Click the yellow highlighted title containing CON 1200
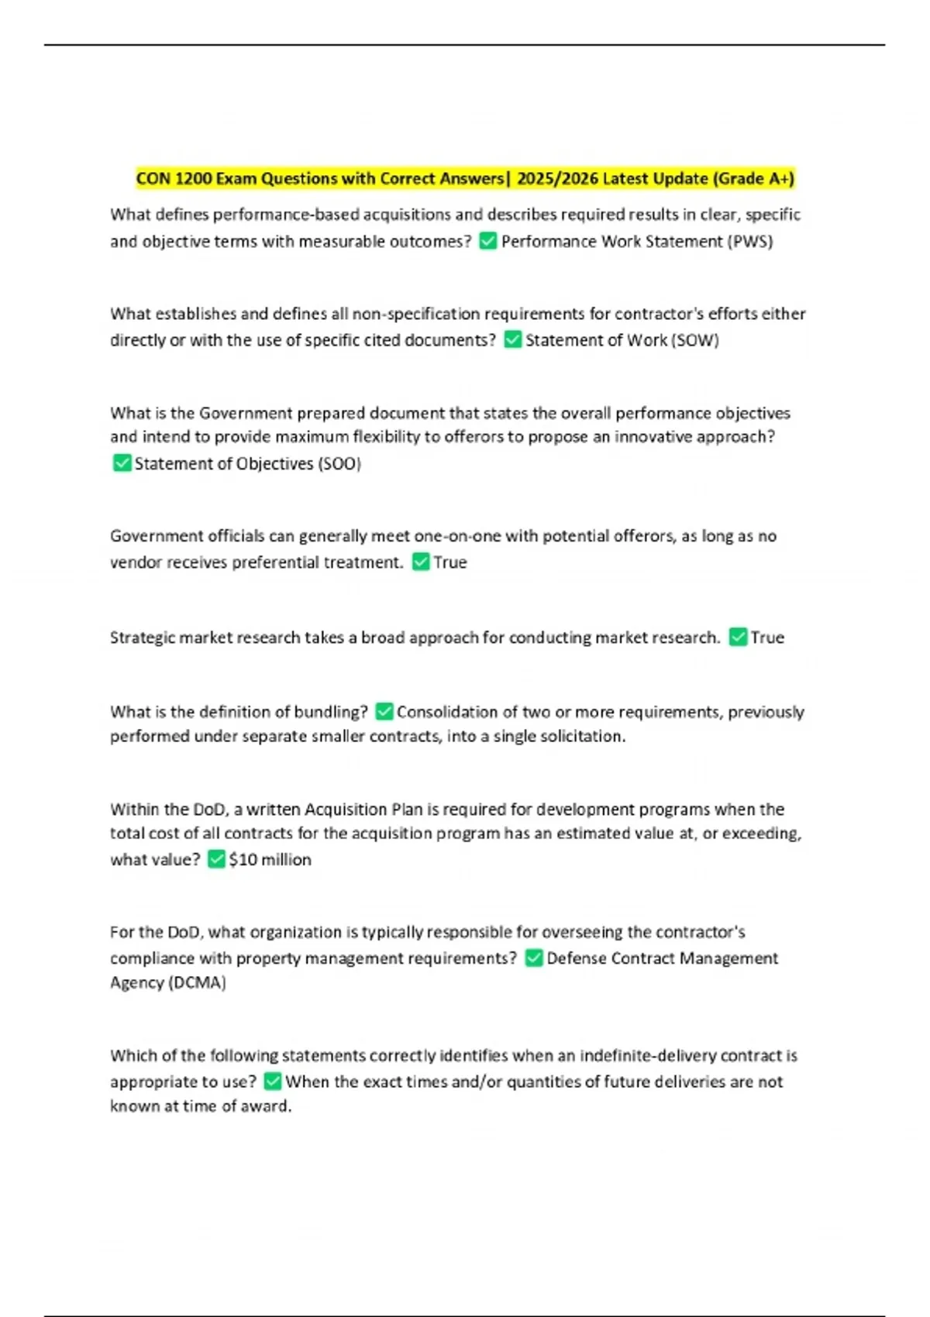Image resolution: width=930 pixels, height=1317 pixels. click(x=465, y=179)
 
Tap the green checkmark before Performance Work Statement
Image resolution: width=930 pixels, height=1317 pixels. click(x=487, y=242)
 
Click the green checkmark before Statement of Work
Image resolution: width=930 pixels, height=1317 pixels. click(x=512, y=340)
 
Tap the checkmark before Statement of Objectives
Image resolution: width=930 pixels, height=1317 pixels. click(x=122, y=463)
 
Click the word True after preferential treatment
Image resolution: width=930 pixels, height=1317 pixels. click(x=450, y=562)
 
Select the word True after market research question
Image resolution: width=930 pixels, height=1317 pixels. click(x=767, y=638)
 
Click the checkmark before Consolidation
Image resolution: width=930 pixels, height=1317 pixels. click(x=384, y=711)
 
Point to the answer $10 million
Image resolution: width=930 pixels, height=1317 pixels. click(x=270, y=860)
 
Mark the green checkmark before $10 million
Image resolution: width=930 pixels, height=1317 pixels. click(x=216, y=859)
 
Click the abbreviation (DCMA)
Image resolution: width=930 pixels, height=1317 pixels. click(x=197, y=983)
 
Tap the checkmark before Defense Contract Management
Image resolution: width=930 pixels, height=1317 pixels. click(x=533, y=958)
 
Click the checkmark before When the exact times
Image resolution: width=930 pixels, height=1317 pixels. click(x=272, y=1081)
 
